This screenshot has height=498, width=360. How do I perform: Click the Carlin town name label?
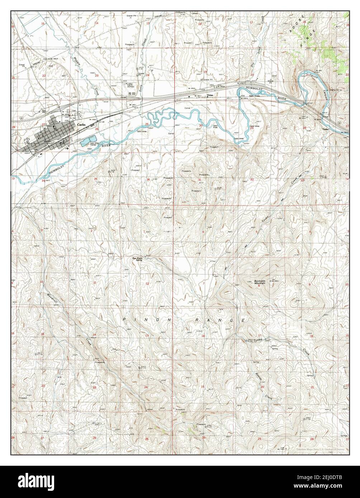point(80,124)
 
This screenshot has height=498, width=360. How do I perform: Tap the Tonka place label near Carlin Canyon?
point(326,129)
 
